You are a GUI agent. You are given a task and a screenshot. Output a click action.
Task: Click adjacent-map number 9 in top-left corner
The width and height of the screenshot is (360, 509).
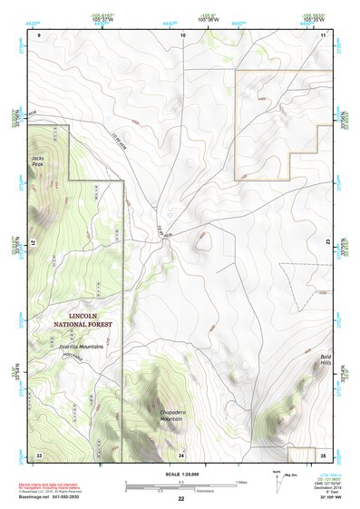[x=39, y=34]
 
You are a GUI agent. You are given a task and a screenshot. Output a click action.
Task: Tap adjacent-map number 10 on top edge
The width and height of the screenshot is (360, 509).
[x=182, y=34]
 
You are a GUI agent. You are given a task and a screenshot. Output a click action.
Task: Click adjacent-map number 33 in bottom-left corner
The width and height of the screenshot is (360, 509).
[x=39, y=454]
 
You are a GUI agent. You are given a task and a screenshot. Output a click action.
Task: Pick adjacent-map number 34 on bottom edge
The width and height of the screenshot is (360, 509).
[x=181, y=454]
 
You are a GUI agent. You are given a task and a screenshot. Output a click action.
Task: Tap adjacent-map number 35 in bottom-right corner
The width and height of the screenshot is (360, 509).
[x=323, y=454]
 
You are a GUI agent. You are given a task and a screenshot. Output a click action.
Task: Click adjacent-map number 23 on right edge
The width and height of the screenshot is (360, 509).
[x=326, y=243]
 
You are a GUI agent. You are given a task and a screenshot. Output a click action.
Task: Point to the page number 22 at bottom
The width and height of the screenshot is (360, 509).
[x=180, y=500]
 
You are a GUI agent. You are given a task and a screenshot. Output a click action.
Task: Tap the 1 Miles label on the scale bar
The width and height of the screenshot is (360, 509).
[x=240, y=481]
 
